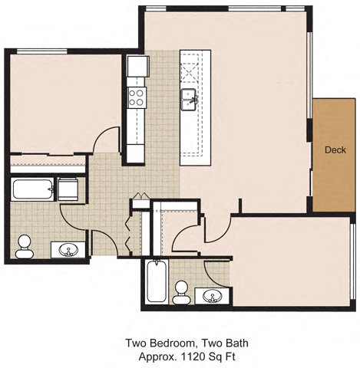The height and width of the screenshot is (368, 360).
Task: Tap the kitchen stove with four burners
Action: click(x=137, y=97)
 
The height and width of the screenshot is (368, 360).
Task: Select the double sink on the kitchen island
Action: click(x=190, y=97)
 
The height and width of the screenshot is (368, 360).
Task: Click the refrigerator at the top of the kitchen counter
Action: click(x=137, y=67)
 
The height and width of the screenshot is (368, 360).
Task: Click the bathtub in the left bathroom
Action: click(x=33, y=189)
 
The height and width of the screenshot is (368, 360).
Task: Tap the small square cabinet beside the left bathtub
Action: click(x=68, y=189)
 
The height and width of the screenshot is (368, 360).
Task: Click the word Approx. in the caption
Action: click(x=159, y=356)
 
